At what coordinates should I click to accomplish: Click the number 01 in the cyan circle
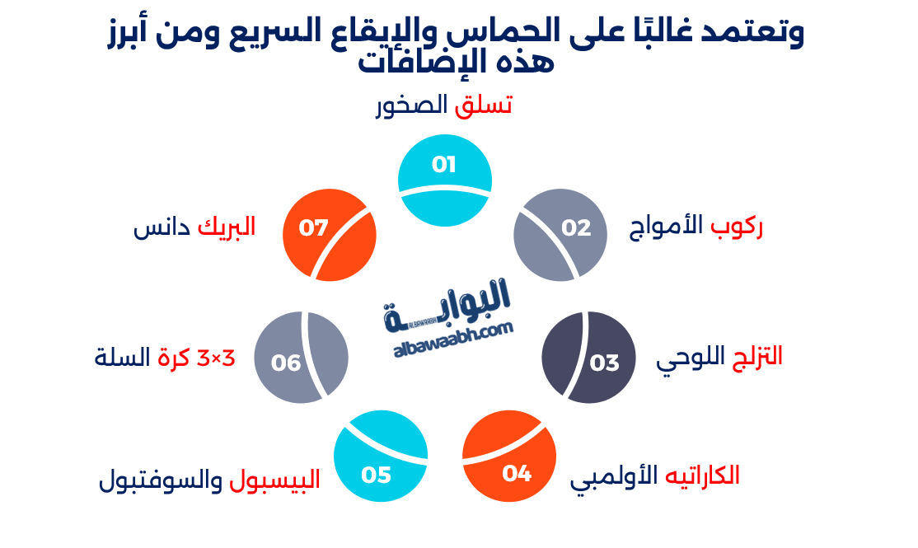click(x=444, y=165)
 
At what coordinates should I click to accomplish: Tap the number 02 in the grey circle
click(x=577, y=227)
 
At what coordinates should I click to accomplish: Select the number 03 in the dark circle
click(x=604, y=363)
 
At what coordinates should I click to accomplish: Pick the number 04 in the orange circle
click(x=517, y=474)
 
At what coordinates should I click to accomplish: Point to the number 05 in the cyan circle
click(x=376, y=475)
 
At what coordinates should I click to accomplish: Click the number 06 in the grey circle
click(x=286, y=363)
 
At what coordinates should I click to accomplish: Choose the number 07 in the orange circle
click(x=314, y=227)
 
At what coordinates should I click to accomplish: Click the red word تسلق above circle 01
click(x=484, y=105)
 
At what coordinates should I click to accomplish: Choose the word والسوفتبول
click(x=160, y=480)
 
